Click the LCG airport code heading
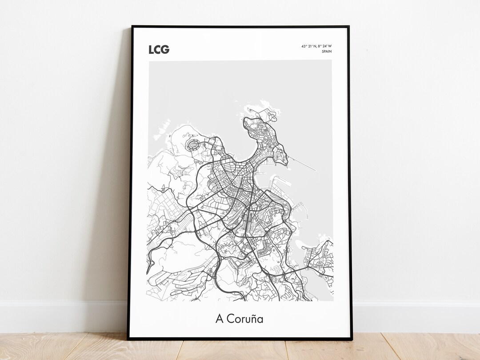click(159, 49)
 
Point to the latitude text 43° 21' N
click(308, 46)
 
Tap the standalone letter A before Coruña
click(219, 319)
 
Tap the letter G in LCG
click(165, 49)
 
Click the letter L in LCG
click(151, 49)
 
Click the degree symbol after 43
click(306, 45)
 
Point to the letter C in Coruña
click(230, 319)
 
